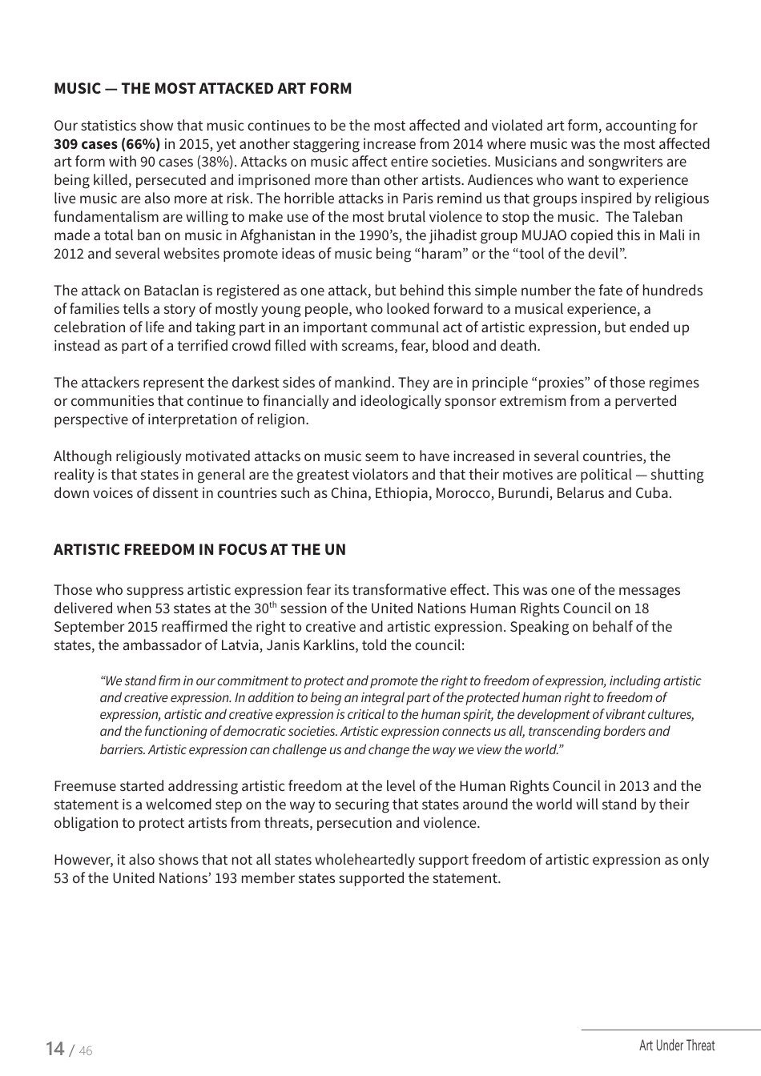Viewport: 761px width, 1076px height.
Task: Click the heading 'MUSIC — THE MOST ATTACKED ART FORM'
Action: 203,88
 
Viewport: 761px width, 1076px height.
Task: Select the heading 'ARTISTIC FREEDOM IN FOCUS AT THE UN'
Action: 199,549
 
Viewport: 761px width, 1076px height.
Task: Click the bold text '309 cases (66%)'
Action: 107,144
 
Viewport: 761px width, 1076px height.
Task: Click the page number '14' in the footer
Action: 55,1049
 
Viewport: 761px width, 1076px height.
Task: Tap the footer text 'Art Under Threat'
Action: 677,1046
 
